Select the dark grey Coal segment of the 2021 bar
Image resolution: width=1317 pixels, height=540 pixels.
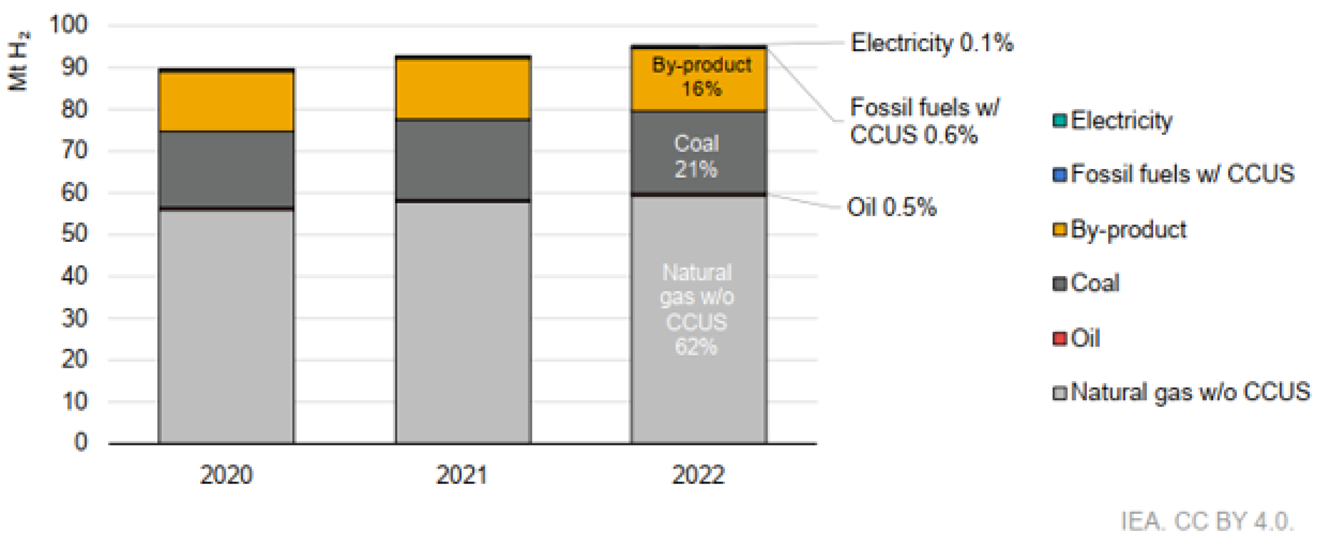coord(463,159)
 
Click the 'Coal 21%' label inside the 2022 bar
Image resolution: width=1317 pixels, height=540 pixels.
coord(697,156)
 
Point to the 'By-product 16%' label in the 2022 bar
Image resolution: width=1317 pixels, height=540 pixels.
coord(701,77)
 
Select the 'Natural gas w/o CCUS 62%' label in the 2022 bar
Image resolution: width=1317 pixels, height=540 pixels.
coord(697,309)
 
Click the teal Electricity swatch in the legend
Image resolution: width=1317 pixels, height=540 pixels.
coord(1059,121)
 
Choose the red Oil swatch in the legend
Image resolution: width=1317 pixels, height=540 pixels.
coord(1059,338)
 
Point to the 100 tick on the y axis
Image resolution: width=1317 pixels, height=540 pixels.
coord(68,25)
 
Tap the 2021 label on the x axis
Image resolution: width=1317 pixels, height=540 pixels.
coord(462,474)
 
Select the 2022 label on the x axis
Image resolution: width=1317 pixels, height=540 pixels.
coord(698,474)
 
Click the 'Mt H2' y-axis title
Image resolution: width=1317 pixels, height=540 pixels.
coord(19,61)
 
